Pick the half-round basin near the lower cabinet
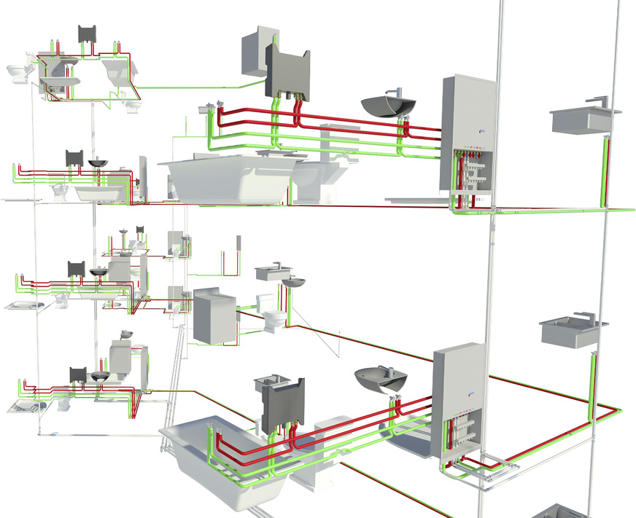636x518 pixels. pyautogui.click(x=381, y=379)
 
